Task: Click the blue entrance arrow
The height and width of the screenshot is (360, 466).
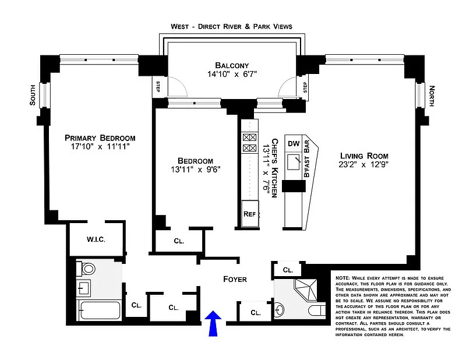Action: click(x=213, y=323)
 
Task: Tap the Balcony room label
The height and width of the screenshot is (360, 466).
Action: click(x=232, y=65)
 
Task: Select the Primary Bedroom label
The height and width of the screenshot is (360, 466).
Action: click(x=100, y=138)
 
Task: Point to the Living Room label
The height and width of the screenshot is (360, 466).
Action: click(x=364, y=156)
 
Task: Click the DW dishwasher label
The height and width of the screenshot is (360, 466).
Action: click(x=294, y=144)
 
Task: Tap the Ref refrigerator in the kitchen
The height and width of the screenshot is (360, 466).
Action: click(x=250, y=214)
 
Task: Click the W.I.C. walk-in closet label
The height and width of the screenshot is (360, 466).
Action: click(x=96, y=239)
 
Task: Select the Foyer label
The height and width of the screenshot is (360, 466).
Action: click(x=235, y=279)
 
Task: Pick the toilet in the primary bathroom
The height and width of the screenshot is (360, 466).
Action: click(x=86, y=269)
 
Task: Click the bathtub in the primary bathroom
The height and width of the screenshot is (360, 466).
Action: click(x=100, y=310)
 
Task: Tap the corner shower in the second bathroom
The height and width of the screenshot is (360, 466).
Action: click(x=305, y=290)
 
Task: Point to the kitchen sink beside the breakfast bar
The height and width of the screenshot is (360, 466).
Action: click(x=294, y=162)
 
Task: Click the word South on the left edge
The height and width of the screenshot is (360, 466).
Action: click(x=33, y=95)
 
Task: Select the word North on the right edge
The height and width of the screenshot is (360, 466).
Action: click(x=432, y=96)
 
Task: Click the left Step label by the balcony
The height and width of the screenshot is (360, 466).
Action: click(x=158, y=87)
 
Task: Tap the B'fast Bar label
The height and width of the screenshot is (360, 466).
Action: click(x=307, y=159)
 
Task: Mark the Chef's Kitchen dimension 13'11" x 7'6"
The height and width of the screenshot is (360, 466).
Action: click(x=266, y=168)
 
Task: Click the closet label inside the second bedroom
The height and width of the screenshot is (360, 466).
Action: click(x=179, y=241)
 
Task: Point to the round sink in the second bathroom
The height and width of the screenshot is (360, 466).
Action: click(x=280, y=310)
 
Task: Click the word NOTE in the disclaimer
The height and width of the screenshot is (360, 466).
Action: click(x=343, y=278)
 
